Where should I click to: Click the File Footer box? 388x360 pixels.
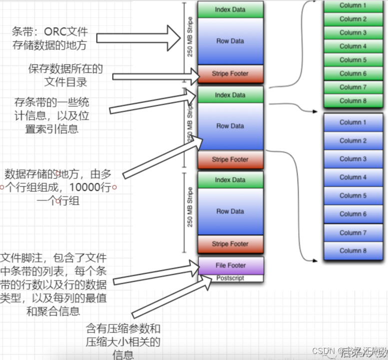[x=230, y=265]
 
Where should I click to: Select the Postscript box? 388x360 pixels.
[x=230, y=278]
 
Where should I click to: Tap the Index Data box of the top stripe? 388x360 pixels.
[x=230, y=9]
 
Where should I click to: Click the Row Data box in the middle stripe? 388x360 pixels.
[x=230, y=126]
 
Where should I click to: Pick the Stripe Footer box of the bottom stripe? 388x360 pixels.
[x=230, y=244]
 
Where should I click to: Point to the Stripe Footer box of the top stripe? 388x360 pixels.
[x=230, y=74]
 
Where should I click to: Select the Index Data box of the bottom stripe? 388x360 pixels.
[x=230, y=180]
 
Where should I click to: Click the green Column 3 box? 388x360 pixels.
[x=353, y=32]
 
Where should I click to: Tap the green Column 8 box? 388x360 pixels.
[x=353, y=100]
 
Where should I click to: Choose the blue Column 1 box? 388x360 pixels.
[x=353, y=122]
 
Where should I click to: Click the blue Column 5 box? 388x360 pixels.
[x=353, y=195]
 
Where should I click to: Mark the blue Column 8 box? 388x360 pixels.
[x=353, y=250]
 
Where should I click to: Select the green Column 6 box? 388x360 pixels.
[x=353, y=73]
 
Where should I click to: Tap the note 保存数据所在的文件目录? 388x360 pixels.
[x=65, y=74]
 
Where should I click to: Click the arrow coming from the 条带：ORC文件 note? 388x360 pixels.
[x=140, y=37]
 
